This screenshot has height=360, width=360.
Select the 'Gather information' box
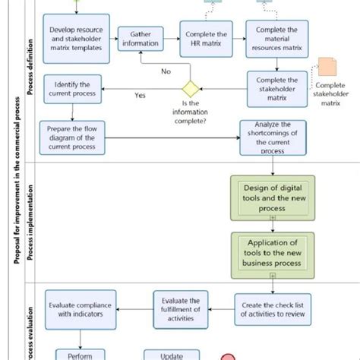click(141, 39)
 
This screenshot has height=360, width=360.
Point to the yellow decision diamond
click(189, 87)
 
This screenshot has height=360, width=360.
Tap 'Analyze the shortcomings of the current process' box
click(273, 137)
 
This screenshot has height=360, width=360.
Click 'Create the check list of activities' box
click(271, 309)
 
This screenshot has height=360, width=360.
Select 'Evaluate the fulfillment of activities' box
click(180, 309)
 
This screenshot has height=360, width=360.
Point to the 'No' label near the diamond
click(166, 71)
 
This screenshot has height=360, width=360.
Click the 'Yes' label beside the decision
click(140, 96)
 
